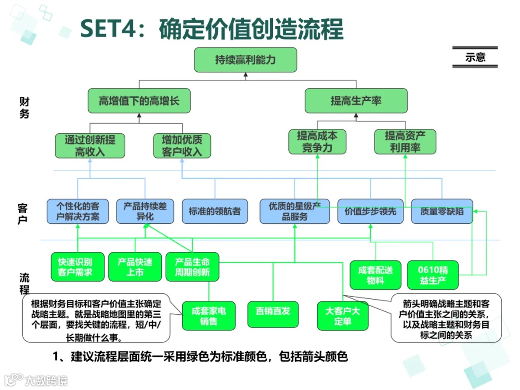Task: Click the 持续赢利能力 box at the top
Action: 245,60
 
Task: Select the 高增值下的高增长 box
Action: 139,101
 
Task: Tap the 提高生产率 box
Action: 356,101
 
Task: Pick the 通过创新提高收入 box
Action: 90,145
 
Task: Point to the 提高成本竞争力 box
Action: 317,142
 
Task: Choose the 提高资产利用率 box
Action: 405,142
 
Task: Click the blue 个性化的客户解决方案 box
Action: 78,211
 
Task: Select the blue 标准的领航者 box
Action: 215,211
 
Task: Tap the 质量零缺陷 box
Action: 442,211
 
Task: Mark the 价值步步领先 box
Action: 370,211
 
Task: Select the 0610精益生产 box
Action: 433,274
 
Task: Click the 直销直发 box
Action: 273,311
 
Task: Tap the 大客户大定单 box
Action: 343,316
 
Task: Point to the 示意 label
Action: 475,57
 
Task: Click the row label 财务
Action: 24,107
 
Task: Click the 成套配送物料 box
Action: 375,274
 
